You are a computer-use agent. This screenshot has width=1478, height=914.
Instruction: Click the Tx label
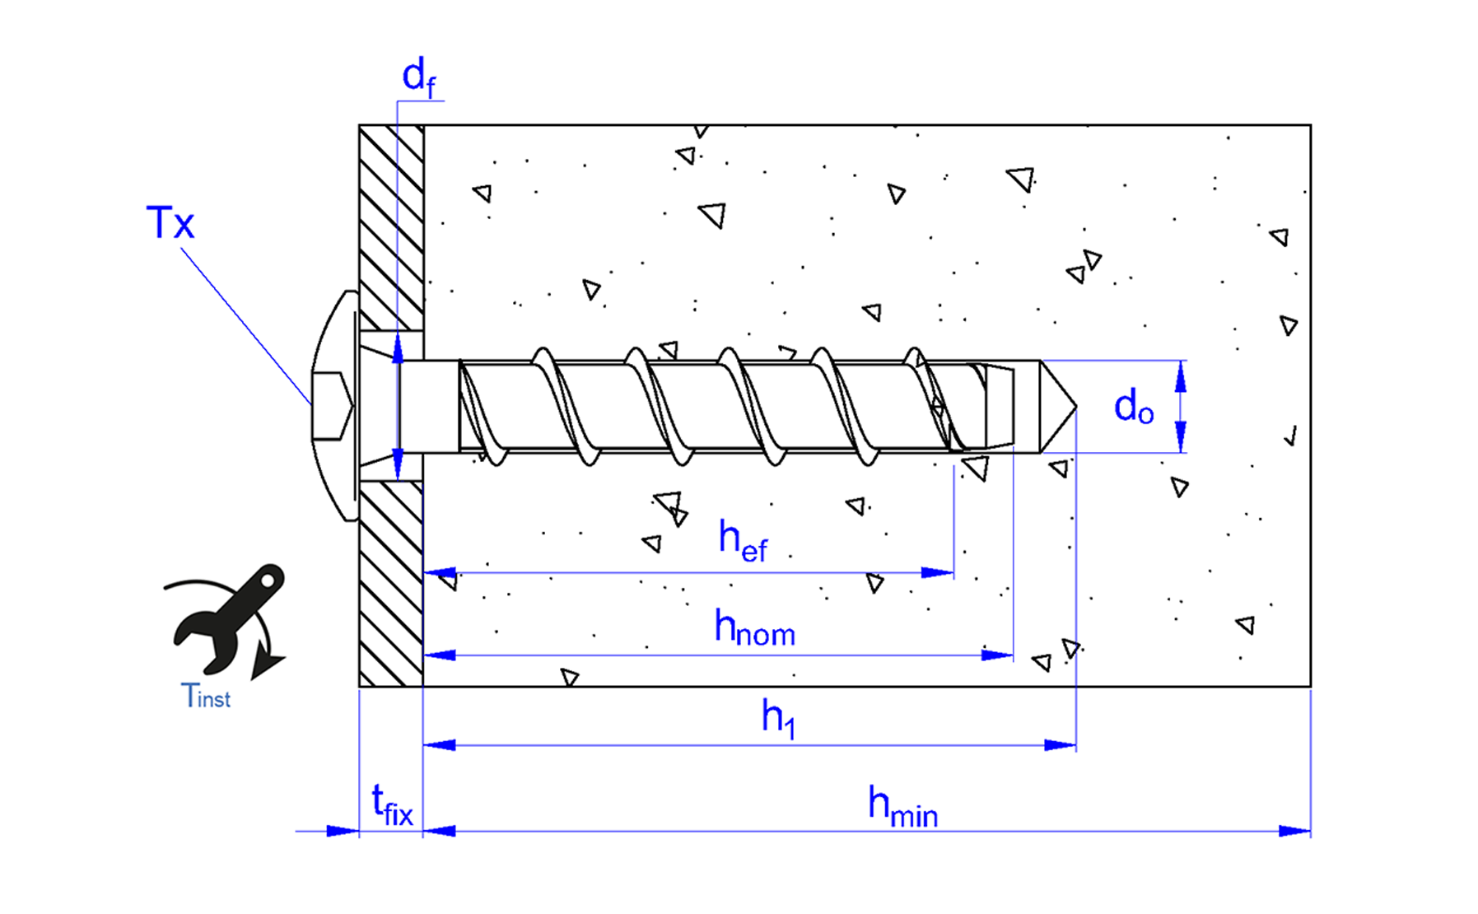170,223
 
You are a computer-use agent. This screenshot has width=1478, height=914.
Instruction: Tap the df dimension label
418,77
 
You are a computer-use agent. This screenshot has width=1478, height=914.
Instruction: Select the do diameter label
1133,407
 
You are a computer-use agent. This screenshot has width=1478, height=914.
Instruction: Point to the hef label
743,540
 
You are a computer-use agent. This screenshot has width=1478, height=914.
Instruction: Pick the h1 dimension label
778,718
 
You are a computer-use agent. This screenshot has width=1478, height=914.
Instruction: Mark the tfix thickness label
392,804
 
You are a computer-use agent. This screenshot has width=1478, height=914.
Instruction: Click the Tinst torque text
206,697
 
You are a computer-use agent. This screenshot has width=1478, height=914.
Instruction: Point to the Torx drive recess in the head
332,405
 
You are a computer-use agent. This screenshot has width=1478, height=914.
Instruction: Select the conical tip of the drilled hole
1058,407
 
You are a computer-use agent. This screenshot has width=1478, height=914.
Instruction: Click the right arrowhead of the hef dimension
938,572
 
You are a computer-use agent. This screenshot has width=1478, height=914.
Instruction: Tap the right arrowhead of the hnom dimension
997,655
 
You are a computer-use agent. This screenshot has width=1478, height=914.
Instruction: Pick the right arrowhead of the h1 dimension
1060,745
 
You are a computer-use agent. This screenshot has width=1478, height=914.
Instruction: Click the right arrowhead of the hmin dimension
1294,831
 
